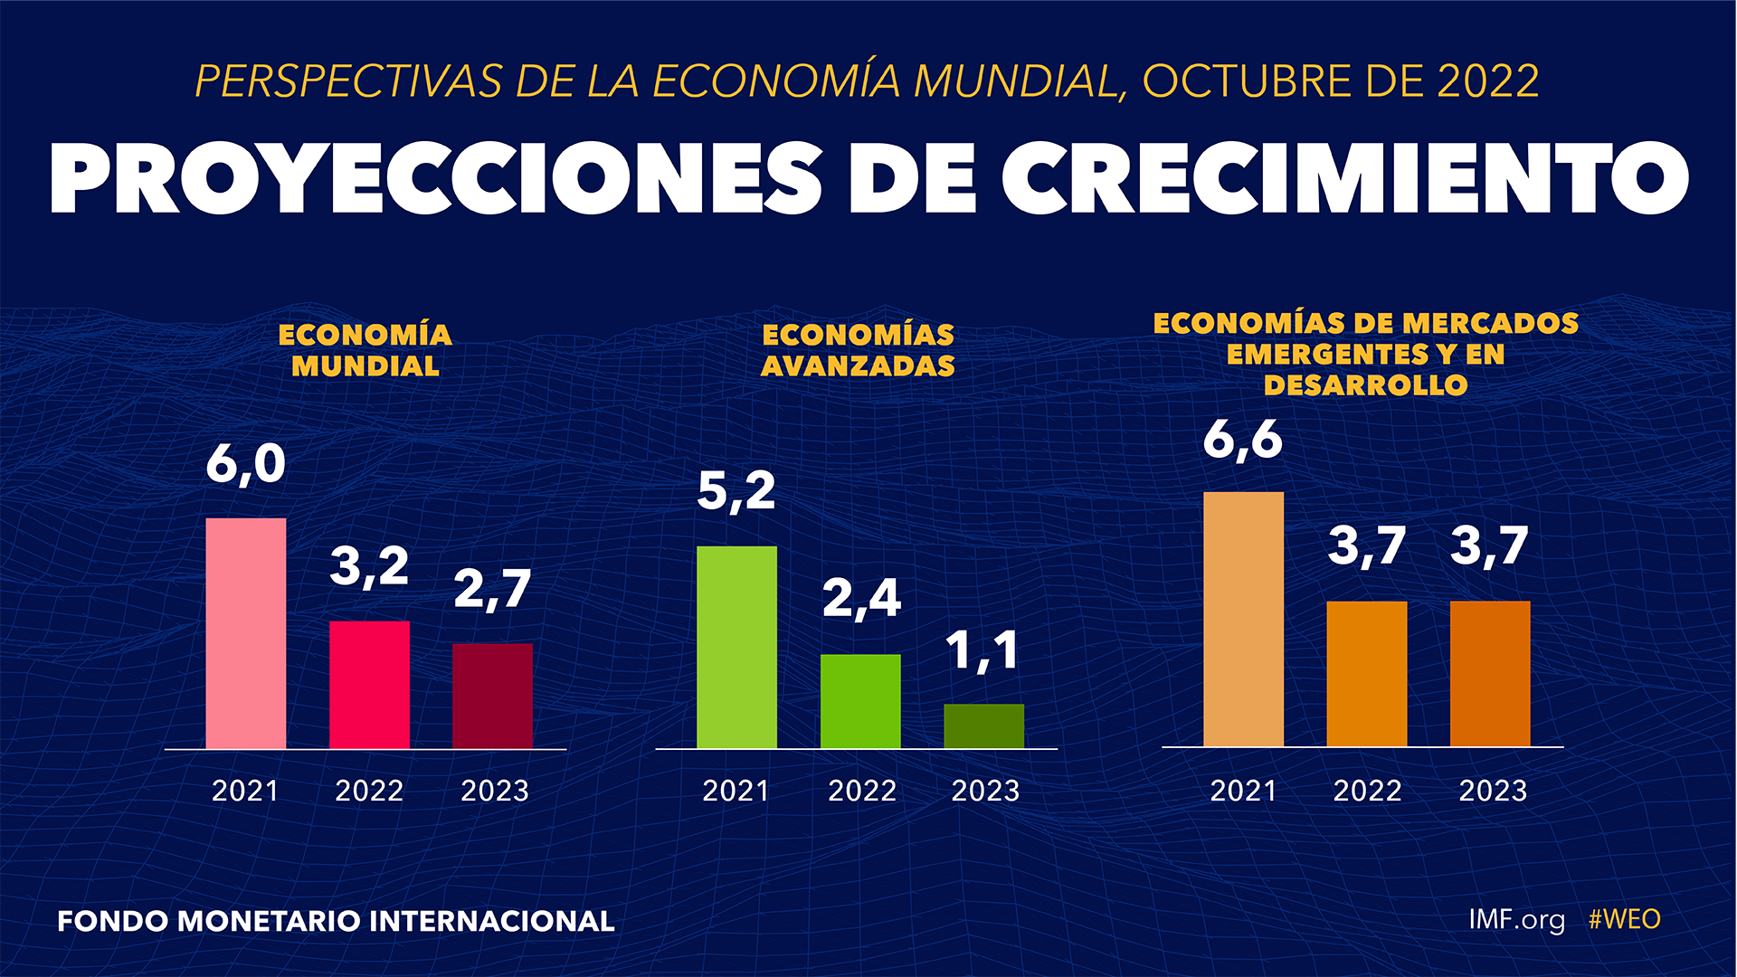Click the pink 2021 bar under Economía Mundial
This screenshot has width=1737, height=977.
pos(246,633)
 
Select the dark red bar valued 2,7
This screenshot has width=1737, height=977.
pos(493,696)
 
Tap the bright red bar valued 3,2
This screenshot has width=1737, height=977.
pos(369,685)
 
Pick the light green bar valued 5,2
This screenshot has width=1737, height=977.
pos(736,647)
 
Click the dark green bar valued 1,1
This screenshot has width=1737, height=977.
pos(984,726)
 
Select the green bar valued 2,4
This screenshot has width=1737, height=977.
pos(860,701)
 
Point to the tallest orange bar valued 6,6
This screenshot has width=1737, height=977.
pos(1243,620)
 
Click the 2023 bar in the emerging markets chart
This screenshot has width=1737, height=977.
pos(1490,674)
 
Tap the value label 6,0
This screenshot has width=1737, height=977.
pos(246,465)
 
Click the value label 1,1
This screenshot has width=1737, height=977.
pos(983,651)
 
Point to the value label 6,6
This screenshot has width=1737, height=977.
pos(1243,441)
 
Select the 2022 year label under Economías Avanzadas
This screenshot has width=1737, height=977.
pos(861,792)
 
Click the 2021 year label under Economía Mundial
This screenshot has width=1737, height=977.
pos(245,792)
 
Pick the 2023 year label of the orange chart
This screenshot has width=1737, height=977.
pos(1493,792)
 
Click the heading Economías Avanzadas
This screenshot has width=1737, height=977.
pos(858,350)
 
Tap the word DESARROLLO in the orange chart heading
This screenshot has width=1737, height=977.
pos(1365,385)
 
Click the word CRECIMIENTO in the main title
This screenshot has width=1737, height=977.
pos(1345,178)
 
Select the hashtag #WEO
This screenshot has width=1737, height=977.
pos(1624,920)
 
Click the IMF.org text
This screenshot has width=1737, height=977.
pos(1516,920)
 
